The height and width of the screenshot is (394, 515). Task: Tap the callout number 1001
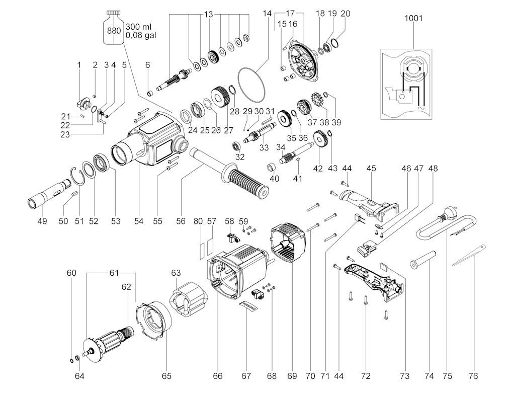(413, 19)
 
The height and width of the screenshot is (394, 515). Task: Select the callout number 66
(217, 376)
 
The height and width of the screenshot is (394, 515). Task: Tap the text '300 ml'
(139, 26)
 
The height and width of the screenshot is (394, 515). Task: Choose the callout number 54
(139, 221)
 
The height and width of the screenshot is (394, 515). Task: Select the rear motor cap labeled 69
(287, 244)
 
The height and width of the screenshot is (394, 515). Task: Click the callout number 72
(366, 376)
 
